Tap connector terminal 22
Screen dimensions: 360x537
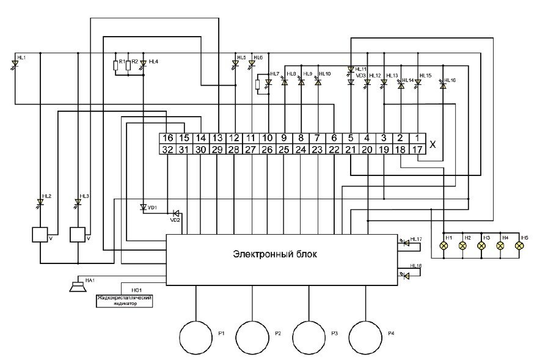(x=334, y=150)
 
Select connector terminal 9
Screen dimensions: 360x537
(x=284, y=139)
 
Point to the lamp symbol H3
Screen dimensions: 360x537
(x=481, y=245)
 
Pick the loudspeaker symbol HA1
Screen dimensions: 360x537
(x=77, y=285)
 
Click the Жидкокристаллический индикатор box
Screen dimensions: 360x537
(x=123, y=300)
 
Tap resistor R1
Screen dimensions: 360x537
(x=116, y=65)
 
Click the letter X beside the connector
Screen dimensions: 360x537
(x=433, y=145)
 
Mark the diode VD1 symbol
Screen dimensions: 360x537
(x=142, y=207)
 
